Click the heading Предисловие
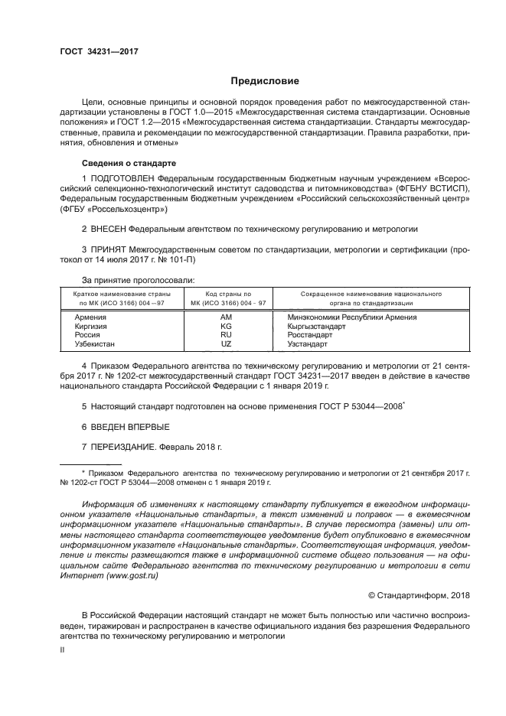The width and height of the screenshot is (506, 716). (x=266, y=81)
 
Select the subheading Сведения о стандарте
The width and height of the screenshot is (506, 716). (x=129, y=164)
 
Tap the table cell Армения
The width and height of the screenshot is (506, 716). (x=90, y=317)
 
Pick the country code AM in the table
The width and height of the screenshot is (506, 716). (x=226, y=317)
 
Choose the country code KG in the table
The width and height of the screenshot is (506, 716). (x=226, y=326)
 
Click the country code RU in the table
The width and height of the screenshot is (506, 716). (x=226, y=335)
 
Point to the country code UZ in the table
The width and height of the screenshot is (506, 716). (x=226, y=344)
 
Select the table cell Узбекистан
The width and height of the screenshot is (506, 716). (x=97, y=344)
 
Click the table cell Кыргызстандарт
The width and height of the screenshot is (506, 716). (x=316, y=326)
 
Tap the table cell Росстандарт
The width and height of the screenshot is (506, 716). (x=310, y=335)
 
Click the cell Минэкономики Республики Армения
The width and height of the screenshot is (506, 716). (x=351, y=317)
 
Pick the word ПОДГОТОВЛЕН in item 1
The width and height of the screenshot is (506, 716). (x=126, y=178)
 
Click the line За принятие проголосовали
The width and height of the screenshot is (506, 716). (x=138, y=281)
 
